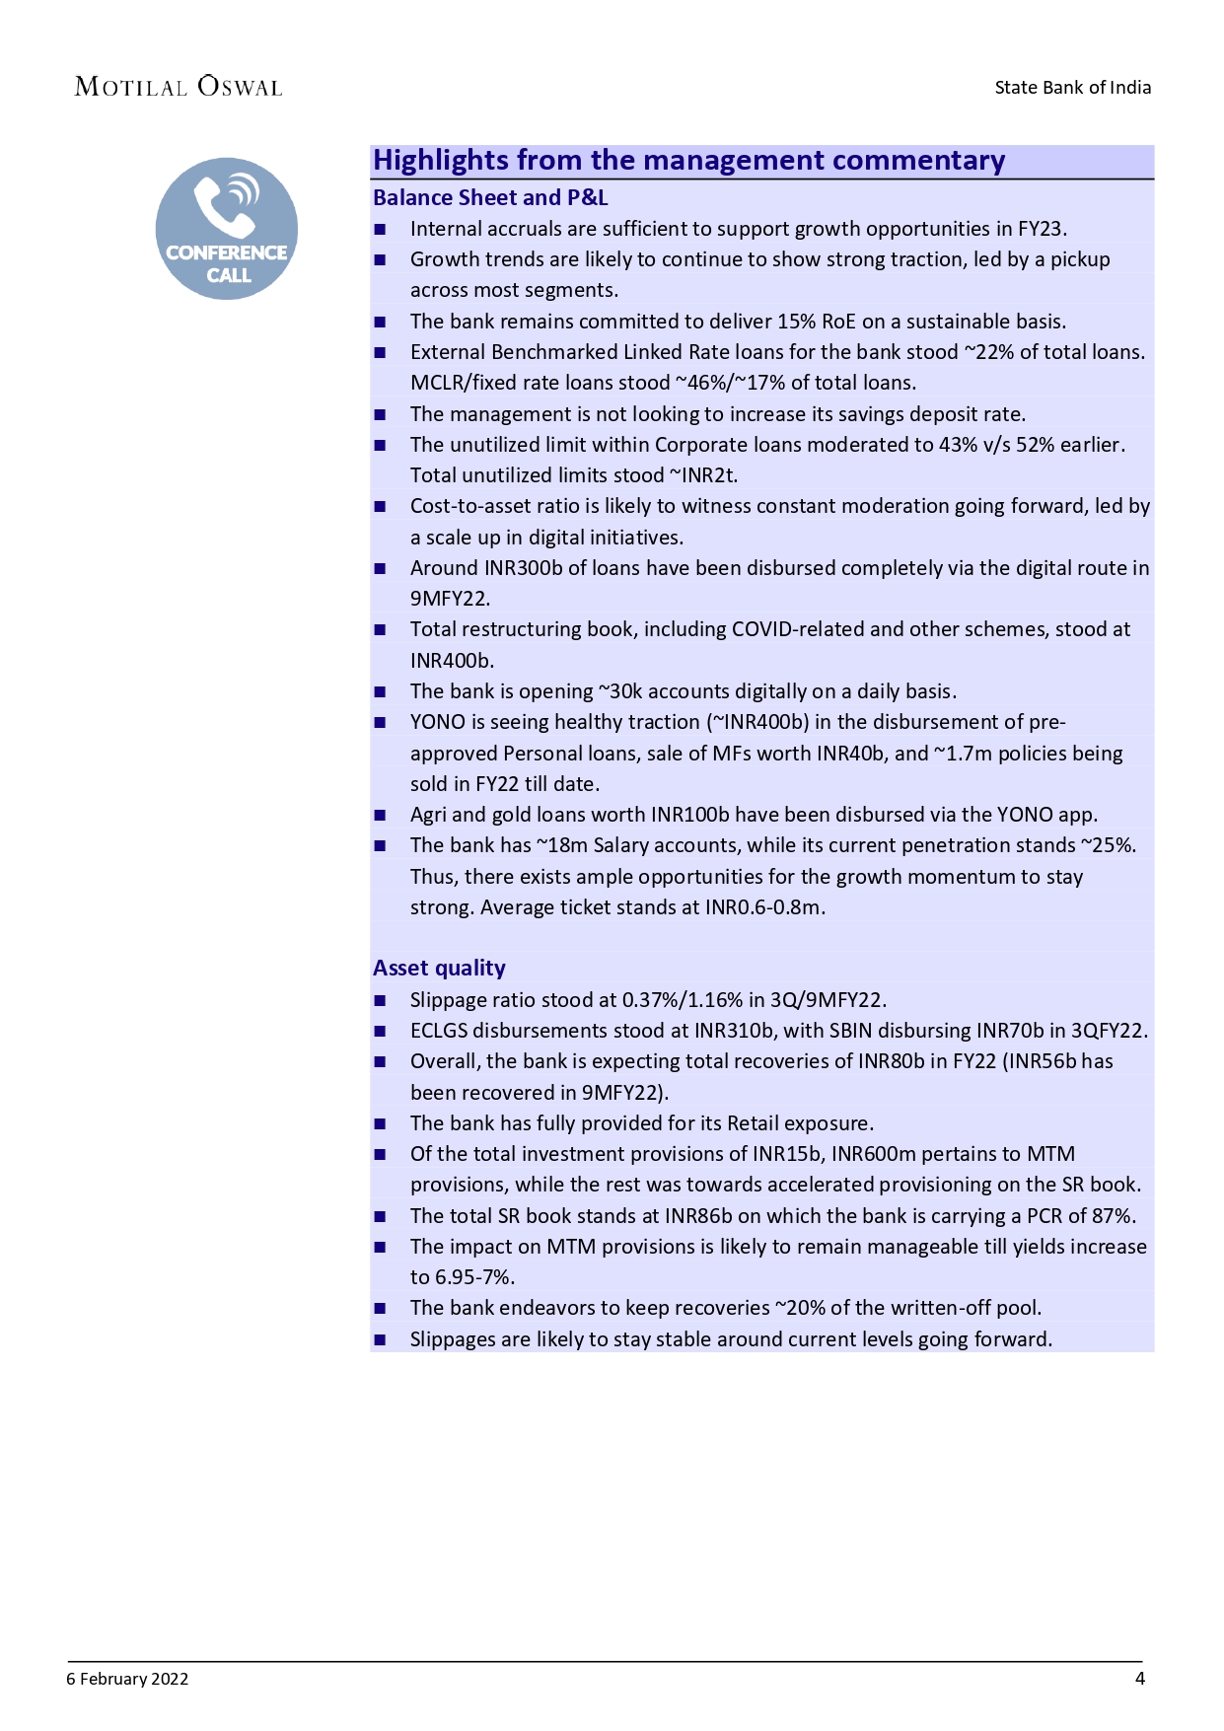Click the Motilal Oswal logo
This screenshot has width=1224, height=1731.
pyautogui.click(x=179, y=87)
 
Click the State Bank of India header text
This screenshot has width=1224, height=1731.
pyautogui.click(x=1072, y=88)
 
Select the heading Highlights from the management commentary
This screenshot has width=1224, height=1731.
pyautogui.click(x=688, y=161)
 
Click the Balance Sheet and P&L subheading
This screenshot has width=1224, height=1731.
pyautogui.click(x=490, y=198)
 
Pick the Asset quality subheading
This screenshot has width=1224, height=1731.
pyautogui.click(x=439, y=969)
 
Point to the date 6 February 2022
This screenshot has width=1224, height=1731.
pyautogui.click(x=127, y=1679)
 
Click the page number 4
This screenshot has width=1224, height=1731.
pyautogui.click(x=1139, y=1679)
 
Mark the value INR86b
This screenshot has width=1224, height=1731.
pyautogui.click(x=698, y=1216)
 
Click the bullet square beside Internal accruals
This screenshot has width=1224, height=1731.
pyautogui.click(x=380, y=230)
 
